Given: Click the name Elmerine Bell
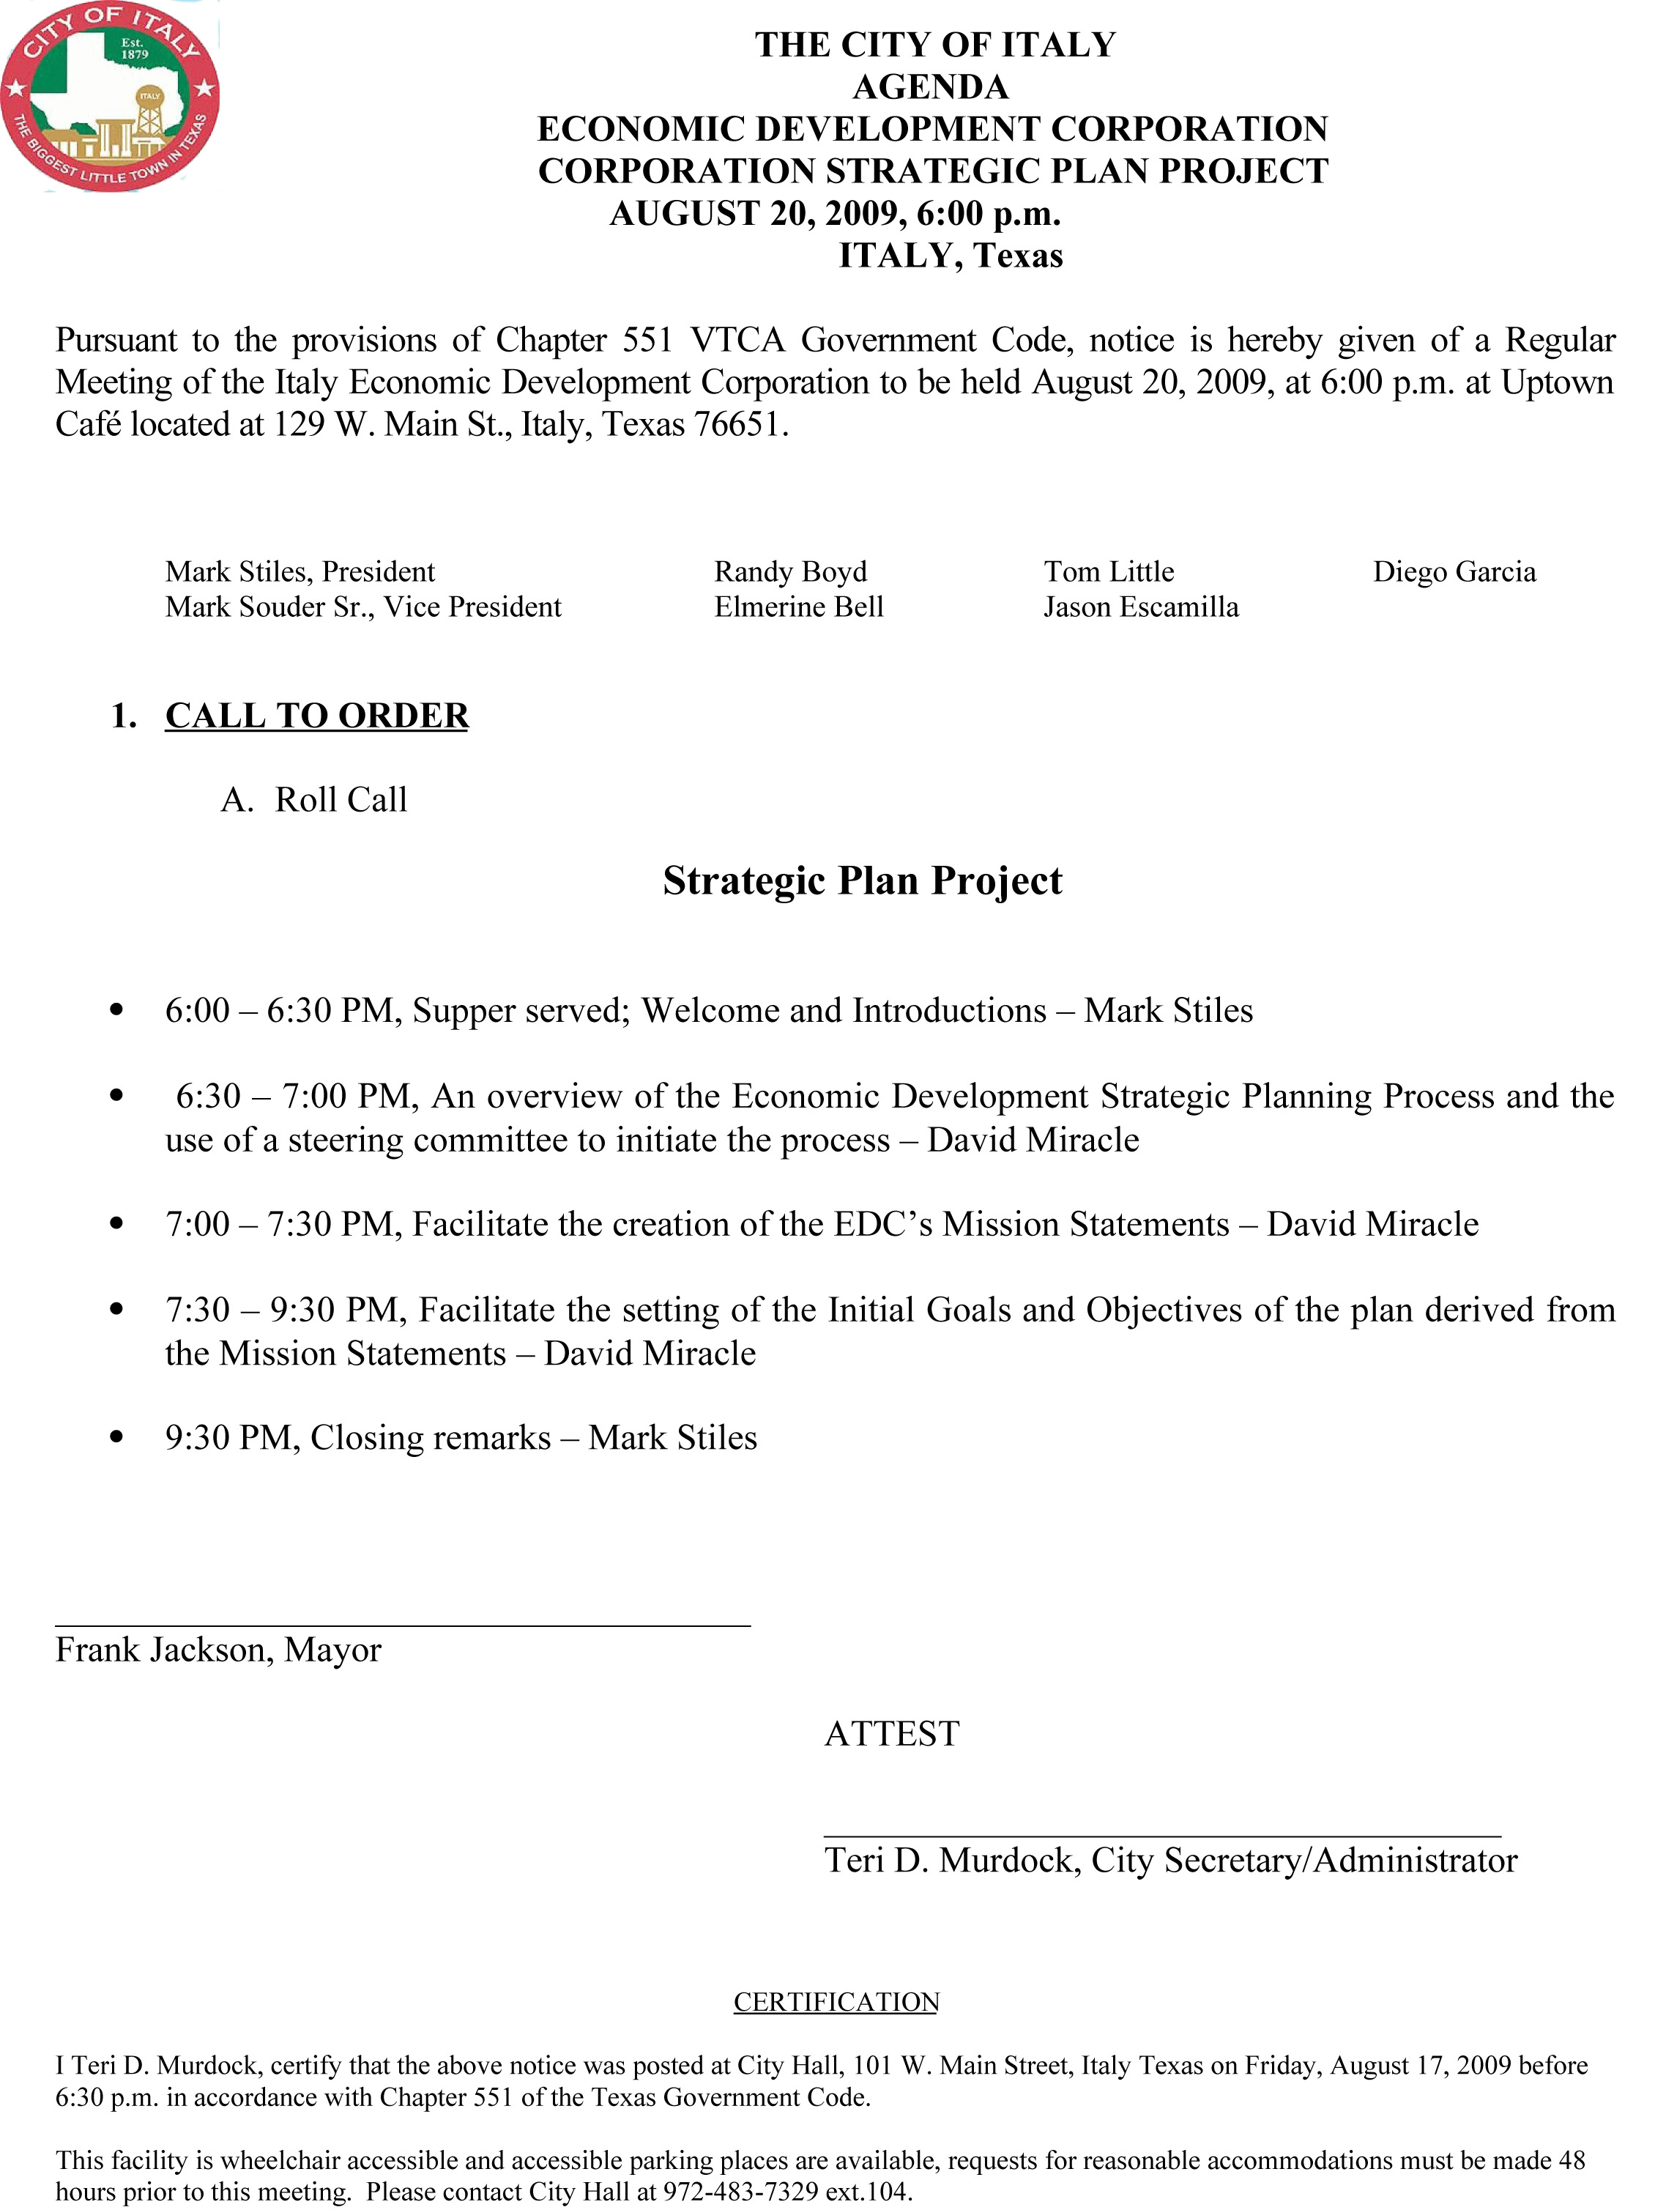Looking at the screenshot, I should pyautogui.click(x=798, y=607).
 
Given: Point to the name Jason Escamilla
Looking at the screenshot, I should pyautogui.click(x=1141, y=607).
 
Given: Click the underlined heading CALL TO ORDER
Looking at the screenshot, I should pyautogui.click(x=316, y=716).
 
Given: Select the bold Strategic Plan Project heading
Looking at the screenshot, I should pyautogui.click(x=862, y=880).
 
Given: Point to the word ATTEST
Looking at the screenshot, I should pyautogui.click(x=891, y=1732).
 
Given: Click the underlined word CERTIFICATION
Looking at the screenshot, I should pyautogui.click(x=836, y=2001).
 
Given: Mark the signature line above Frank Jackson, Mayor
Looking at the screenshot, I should pyautogui.click(x=403, y=1625).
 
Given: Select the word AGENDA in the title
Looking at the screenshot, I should pyautogui.click(x=930, y=87).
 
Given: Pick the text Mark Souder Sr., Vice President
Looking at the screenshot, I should pyautogui.click(x=363, y=607).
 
